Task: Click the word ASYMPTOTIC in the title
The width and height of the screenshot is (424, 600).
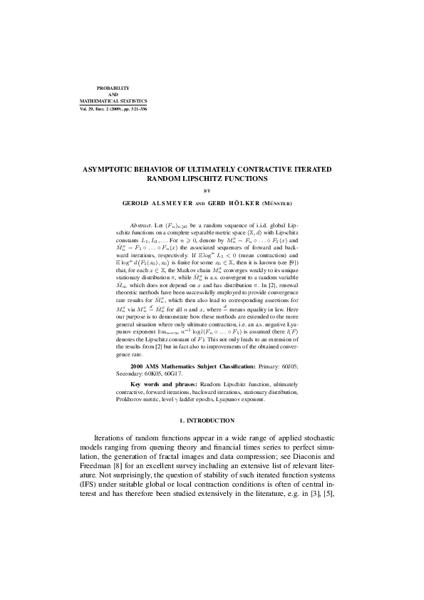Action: pyautogui.click(x=110, y=170)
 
